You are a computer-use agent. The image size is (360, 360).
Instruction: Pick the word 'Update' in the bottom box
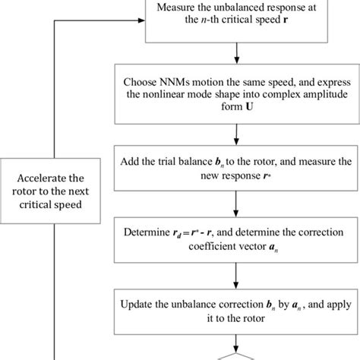click(140, 305)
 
